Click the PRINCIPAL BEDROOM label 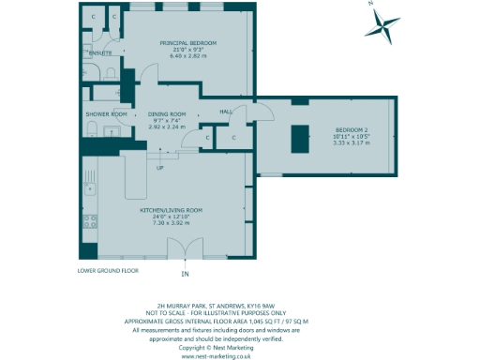point(188,44)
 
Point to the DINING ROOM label point(169,114)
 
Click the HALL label point(225,112)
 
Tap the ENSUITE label point(100,53)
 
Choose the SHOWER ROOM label point(106,114)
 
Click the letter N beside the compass point(371,5)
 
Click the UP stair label point(160,168)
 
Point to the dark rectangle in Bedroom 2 point(300,141)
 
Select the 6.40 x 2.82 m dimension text point(188,57)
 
